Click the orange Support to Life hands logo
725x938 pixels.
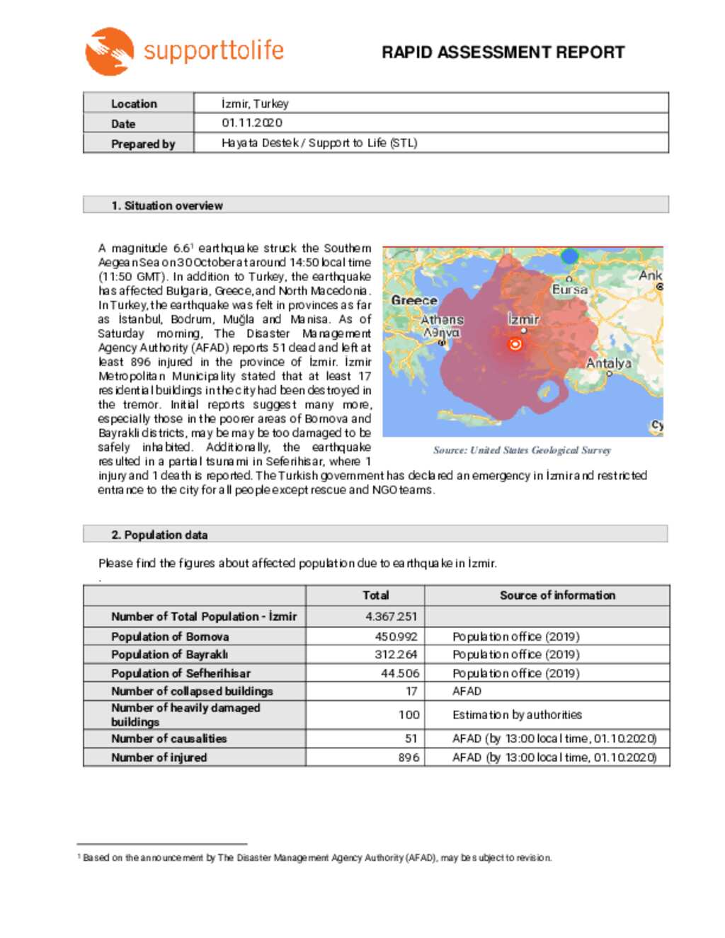[110, 51]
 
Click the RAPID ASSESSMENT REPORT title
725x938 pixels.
[503, 52]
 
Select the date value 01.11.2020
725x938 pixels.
[252, 122]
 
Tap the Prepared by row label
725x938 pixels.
[142, 144]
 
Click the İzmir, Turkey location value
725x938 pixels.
[255, 103]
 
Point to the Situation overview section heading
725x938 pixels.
[167, 205]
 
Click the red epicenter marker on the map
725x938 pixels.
[515, 344]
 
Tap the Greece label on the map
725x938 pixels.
[414, 300]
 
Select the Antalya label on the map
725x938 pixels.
[608, 363]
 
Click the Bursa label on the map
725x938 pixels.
[570, 290]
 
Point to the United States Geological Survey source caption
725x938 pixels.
[522, 450]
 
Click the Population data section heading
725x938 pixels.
[159, 534]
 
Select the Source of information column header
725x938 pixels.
[557, 595]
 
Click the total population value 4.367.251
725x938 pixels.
[391, 617]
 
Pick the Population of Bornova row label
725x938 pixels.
[170, 636]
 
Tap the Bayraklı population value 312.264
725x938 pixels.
[396, 655]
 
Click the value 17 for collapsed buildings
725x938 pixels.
[411, 691]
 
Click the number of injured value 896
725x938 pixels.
[409, 757]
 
